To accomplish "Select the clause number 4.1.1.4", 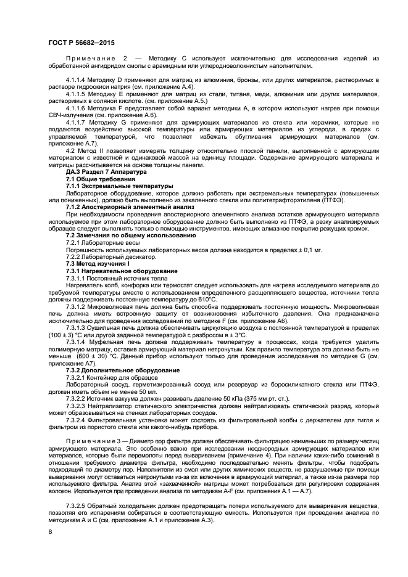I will [x=77, y=81].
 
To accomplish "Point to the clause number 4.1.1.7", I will [x=77, y=121].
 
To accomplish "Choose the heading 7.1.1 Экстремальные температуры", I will [x=120, y=185].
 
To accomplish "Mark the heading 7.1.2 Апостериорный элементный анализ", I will [x=130, y=208].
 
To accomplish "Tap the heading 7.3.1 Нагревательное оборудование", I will [x=121, y=271].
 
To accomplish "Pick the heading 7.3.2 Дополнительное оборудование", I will [x=123, y=369].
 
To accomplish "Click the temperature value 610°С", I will [x=205, y=300].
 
